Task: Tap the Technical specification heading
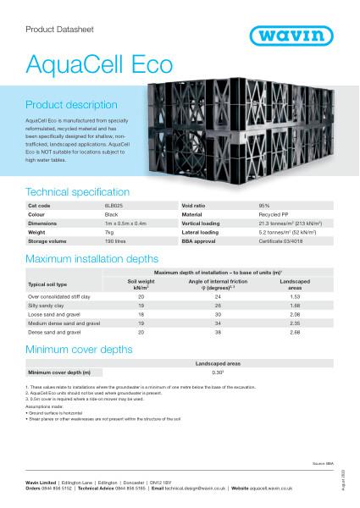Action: tap(78, 192)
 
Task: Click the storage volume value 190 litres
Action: tap(113, 240)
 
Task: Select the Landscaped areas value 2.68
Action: tap(296, 333)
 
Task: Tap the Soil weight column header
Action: tap(141, 284)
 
